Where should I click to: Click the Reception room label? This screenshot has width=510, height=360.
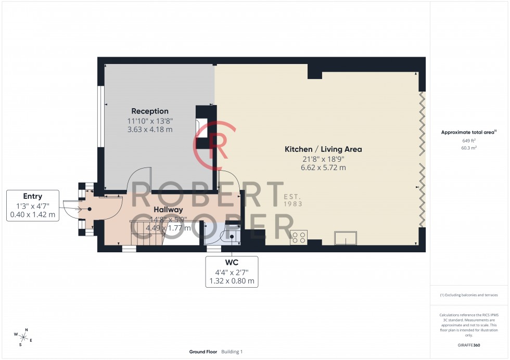150,111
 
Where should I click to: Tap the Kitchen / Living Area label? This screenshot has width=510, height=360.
323,149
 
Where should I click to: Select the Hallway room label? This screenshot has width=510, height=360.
168,209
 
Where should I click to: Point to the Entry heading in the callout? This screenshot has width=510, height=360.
32,196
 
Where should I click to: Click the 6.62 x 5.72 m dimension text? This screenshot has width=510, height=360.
323,168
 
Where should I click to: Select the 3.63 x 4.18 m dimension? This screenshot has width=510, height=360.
150,130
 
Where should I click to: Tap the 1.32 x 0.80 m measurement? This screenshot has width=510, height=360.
232,281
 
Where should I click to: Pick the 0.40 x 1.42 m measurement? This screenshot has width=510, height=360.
32,215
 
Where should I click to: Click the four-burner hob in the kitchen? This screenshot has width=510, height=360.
299,237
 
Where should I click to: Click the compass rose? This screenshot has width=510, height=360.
24,336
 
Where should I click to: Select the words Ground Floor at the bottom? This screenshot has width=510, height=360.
203,352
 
